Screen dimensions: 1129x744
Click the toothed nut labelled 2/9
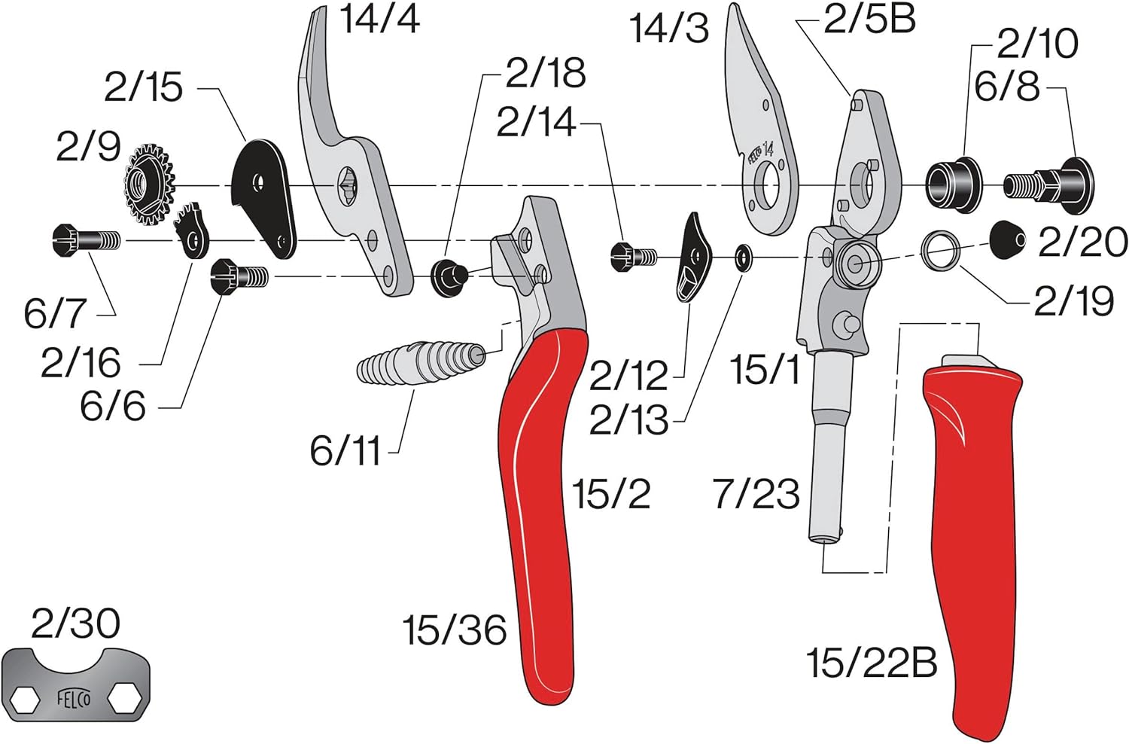click(150, 184)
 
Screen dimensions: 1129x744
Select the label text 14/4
click(380, 19)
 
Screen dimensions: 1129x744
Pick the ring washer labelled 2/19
click(940, 251)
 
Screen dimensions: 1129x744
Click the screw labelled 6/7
click(86, 240)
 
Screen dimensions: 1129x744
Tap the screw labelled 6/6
click(239, 276)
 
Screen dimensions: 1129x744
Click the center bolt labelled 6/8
click(1049, 185)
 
